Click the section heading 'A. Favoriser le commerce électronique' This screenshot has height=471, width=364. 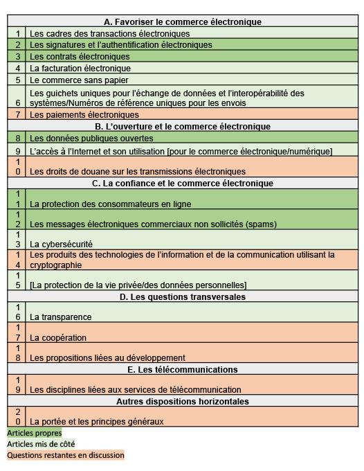pyautogui.click(x=183, y=22)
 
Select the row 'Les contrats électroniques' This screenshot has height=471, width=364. pyautogui.click(x=80, y=57)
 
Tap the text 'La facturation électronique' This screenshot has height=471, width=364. pyautogui.click(x=80, y=69)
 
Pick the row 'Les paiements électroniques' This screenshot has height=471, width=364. pyautogui.click(x=84, y=115)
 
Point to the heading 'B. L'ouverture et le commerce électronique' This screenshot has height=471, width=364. pyautogui.click(x=183, y=127)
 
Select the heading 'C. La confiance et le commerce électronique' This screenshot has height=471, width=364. pyautogui.click(x=183, y=184)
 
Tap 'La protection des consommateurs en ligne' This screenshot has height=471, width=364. pyautogui.click(x=110, y=204)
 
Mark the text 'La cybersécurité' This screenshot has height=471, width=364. pyautogui.click(x=61, y=245)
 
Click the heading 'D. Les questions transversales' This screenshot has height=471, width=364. pyautogui.click(x=183, y=297)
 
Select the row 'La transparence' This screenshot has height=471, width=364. pyautogui.click(x=61, y=317)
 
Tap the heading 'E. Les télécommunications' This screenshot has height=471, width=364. pyautogui.click(x=183, y=370)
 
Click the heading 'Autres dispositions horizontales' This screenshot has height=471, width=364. pyautogui.click(x=183, y=402)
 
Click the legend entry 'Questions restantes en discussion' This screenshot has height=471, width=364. pyautogui.click(x=66, y=456)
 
